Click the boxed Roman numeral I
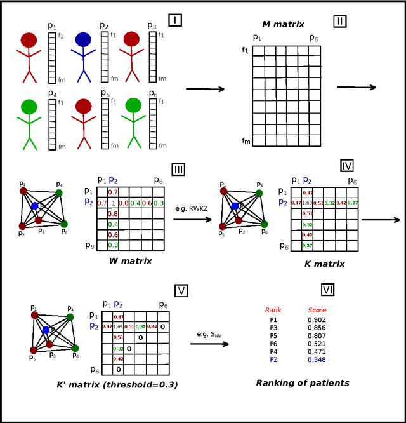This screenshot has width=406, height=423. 175,20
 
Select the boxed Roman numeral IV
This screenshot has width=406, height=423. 347,166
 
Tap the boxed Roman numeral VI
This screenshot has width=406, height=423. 328,290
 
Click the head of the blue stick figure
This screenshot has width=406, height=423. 83,39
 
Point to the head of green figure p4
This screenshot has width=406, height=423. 29,107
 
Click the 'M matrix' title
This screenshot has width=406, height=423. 283,24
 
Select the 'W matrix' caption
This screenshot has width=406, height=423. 130,260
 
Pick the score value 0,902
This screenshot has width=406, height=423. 317,320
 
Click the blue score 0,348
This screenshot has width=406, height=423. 317,359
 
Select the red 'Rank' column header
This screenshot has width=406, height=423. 273,310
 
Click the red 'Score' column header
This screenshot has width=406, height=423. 317,310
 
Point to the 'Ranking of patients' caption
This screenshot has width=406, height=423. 303,383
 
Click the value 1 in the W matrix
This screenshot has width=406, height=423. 113,203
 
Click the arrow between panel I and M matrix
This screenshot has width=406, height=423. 205,89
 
